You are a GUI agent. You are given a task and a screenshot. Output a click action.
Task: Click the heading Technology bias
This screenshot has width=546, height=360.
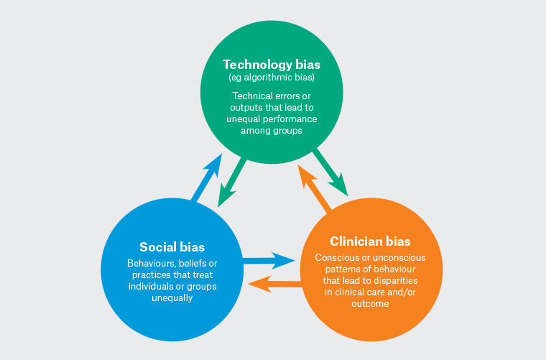272,65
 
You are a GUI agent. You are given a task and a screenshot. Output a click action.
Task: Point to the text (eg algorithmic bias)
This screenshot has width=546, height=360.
272,78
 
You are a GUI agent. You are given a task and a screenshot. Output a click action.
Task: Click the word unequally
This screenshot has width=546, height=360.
169,298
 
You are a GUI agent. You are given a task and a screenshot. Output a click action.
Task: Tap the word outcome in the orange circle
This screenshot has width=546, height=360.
371,303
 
